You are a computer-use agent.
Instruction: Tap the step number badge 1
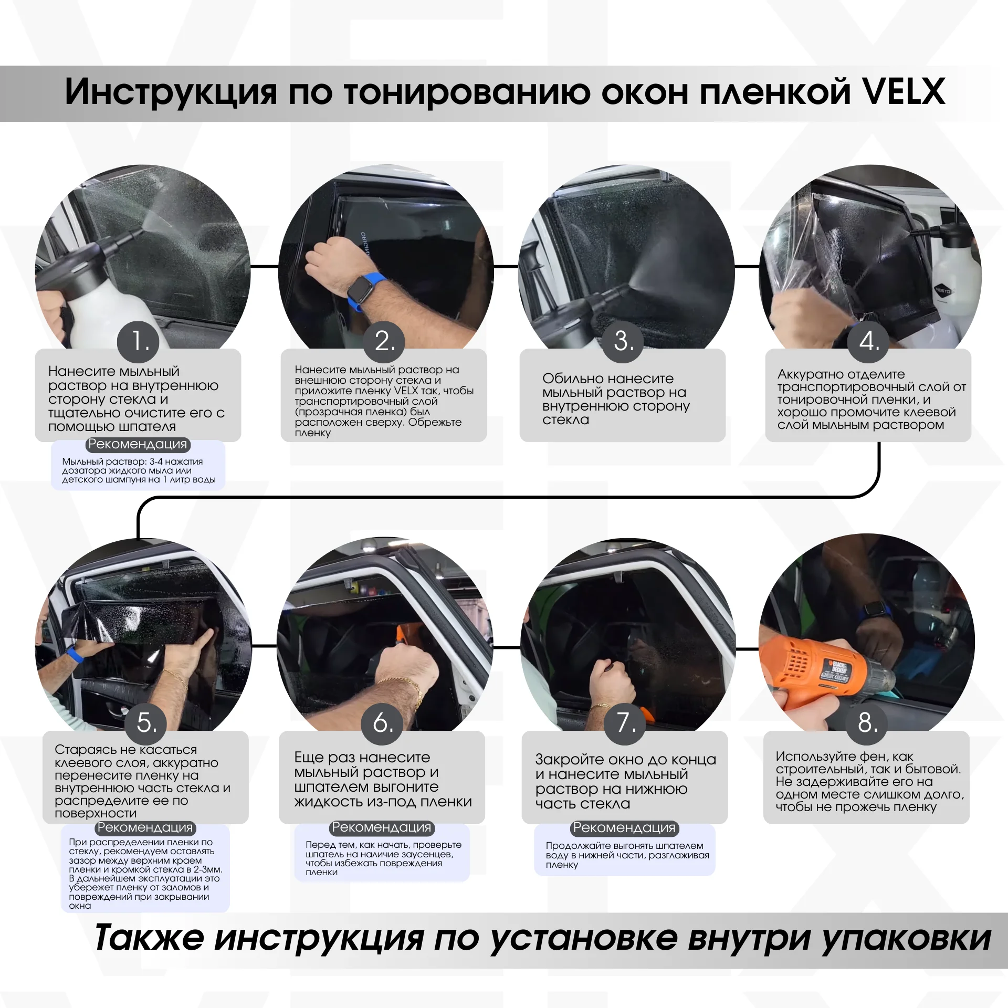point(138,342)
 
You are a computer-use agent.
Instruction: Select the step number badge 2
point(384,342)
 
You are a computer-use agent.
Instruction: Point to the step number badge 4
point(868,342)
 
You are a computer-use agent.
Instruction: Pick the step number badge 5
point(146,723)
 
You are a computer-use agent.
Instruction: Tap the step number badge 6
point(383,723)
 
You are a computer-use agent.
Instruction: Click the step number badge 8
point(867,723)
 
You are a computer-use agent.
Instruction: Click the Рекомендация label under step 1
point(138,444)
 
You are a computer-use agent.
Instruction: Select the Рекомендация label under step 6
point(382,827)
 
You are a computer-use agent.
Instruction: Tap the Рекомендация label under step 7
point(624,827)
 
